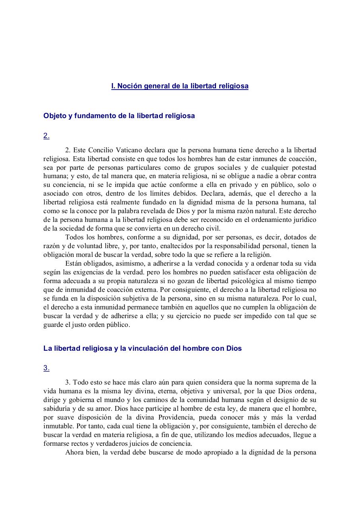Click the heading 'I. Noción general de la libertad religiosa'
(180, 86)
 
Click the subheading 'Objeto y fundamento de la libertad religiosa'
(119, 116)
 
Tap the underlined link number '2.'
(46, 136)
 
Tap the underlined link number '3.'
(46, 368)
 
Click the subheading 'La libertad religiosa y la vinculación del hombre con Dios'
(142, 348)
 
